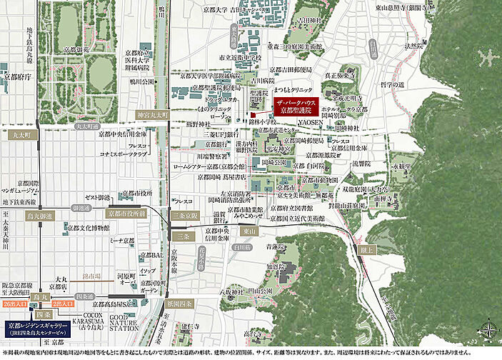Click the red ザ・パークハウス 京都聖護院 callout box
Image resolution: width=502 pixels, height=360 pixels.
tap(300, 107)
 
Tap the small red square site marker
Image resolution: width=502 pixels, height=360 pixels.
tap(253, 114)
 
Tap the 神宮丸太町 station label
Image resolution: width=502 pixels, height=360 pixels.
tap(152, 115)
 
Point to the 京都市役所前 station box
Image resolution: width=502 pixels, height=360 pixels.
tap(127, 213)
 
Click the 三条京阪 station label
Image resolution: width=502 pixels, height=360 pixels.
tap(183, 213)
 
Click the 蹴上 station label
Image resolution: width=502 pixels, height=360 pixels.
tap(366, 250)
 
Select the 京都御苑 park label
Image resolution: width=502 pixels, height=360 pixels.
tap(76, 50)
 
